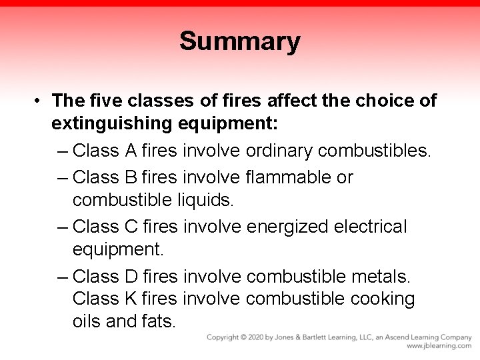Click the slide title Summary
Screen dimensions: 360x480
(239, 41)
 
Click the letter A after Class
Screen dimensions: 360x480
(131, 151)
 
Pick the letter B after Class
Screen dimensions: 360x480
(131, 177)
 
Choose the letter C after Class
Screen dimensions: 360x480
(131, 227)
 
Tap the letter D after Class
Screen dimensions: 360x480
(131, 276)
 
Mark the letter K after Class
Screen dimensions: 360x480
(131, 299)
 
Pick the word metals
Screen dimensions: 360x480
(379, 276)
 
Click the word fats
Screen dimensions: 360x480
(159, 321)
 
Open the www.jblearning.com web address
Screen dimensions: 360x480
(439, 346)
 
